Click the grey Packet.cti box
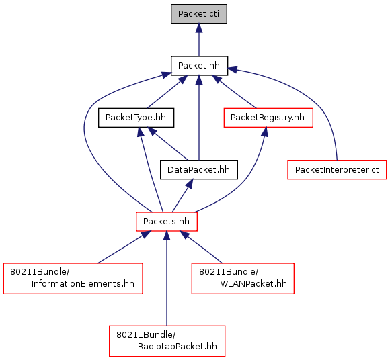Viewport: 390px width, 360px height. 199,14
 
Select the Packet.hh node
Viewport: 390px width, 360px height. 199,66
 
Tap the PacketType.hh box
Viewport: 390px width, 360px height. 136,118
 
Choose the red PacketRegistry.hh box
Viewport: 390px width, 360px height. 268,118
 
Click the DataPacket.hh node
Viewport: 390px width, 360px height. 199,170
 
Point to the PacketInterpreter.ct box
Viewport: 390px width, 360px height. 337,170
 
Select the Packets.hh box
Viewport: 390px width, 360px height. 166,222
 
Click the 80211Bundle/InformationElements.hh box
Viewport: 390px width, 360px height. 73,278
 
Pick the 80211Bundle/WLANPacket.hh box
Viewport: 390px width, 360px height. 243,278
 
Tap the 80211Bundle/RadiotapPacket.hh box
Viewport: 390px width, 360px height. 167,341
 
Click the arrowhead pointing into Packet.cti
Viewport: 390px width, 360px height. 199,28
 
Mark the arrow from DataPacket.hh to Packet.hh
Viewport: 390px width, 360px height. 199,118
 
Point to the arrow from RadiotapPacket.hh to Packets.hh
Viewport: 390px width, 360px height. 167,279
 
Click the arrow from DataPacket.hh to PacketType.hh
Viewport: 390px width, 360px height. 168,144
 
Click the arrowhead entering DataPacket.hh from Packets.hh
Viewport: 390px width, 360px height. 189,184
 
